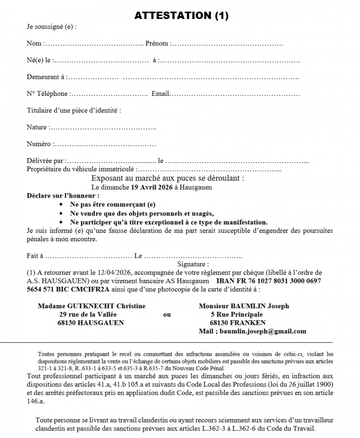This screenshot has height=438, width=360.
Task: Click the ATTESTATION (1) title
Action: coord(181,15)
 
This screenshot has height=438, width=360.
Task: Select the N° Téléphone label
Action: coord(47,94)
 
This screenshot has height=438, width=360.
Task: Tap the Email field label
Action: coord(161,94)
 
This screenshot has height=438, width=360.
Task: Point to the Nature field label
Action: coord(36,128)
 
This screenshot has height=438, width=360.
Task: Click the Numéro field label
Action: coord(38,145)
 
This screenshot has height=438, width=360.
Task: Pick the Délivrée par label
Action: coord(45,161)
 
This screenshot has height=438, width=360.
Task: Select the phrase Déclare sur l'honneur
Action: coord(63,196)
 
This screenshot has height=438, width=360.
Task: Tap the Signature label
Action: coord(193,264)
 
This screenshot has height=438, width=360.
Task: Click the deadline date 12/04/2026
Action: coord(113,273)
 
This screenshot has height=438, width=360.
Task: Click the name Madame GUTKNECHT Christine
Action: coord(92,306)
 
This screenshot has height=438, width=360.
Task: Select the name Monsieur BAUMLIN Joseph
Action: coord(244,306)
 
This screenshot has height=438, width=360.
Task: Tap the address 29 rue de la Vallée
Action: coord(88,314)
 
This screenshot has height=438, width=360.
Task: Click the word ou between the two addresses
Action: coord(167,314)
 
